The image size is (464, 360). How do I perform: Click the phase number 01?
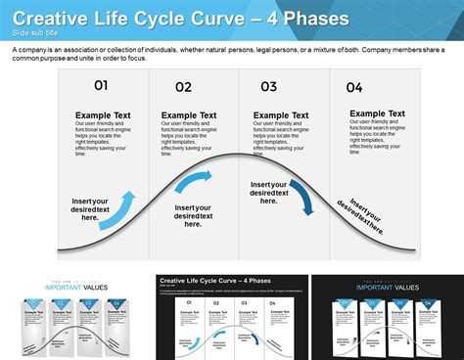(101, 85)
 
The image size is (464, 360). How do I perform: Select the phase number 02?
(184, 87)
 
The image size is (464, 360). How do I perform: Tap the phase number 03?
(268, 86)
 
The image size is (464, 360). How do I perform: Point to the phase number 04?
(353, 87)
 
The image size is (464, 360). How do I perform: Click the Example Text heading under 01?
(103, 115)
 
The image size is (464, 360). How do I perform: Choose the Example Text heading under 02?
(189, 115)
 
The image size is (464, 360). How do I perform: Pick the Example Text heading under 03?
(281, 115)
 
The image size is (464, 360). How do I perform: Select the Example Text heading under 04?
(377, 113)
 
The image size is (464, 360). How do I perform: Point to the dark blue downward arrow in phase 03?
(302, 196)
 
